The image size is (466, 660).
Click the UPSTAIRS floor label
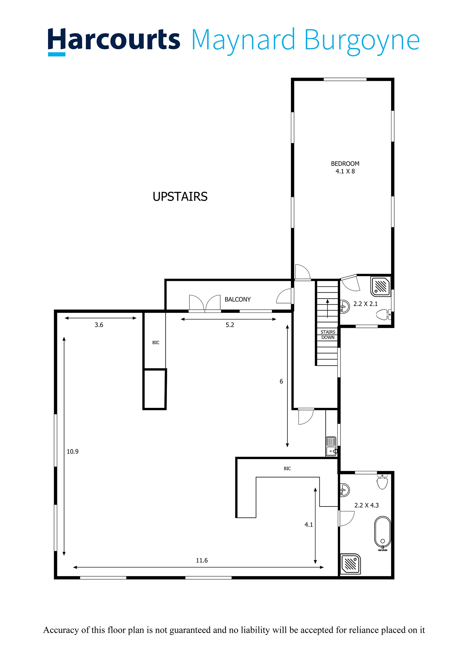click(180, 197)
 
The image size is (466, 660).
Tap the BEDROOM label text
click(345, 164)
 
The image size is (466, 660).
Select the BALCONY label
click(237, 299)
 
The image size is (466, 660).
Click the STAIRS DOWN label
click(328, 334)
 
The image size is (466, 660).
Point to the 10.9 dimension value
click(72, 452)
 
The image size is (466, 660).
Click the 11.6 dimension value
click(201, 560)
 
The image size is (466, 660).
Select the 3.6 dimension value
click(99, 325)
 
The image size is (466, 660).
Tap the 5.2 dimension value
click(230, 325)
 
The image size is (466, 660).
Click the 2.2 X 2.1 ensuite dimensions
click(366, 304)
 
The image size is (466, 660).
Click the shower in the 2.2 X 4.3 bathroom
click(350, 564)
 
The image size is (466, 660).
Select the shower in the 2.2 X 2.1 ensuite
click(381, 286)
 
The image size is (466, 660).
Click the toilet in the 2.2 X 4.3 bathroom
click(382, 482)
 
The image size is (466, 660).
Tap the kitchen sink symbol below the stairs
click(331, 446)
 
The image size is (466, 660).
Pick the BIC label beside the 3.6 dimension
click(156, 343)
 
